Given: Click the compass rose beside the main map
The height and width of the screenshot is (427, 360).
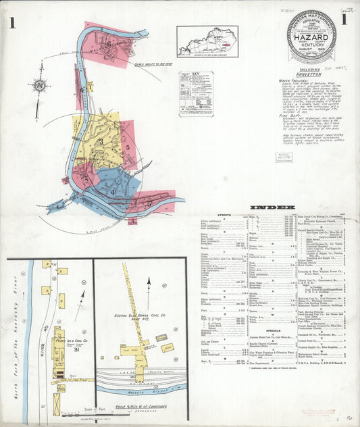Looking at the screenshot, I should click(x=39, y=86).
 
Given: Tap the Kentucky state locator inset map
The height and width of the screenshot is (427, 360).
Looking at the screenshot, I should click(x=207, y=41).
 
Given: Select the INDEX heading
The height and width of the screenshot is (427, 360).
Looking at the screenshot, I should click(x=272, y=206).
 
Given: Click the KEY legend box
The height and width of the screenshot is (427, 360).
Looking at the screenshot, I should click(x=196, y=94).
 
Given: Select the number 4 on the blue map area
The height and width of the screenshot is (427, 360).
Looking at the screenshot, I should click(x=112, y=191).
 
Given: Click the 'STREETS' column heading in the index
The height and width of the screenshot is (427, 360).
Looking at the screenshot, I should click(x=225, y=216).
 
